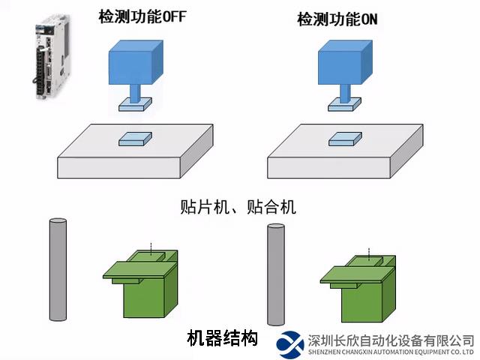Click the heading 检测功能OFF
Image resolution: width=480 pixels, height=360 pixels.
click(x=142, y=16)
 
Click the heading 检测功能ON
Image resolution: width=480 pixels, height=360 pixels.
click(x=337, y=19)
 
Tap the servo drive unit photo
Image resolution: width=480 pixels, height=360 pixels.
click(x=51, y=57)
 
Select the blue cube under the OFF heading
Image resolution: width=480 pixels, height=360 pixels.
click(x=136, y=62)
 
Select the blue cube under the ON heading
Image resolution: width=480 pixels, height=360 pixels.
click(x=345, y=62)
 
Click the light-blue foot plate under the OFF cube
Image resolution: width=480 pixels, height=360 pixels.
click(x=135, y=104)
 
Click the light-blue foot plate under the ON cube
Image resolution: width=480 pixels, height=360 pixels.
click(x=345, y=104)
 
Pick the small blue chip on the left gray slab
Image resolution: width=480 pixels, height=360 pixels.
click(x=135, y=139)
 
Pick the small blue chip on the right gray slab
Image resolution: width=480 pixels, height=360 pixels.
click(x=345, y=139)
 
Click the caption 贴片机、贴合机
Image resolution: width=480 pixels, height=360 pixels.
click(x=238, y=207)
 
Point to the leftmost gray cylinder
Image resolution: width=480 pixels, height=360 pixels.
click(x=58, y=270)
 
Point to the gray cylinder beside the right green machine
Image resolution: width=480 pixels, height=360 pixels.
click(x=276, y=274)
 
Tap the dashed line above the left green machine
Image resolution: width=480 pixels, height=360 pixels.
click(x=151, y=249)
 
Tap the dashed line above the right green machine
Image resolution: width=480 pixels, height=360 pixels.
click(x=369, y=254)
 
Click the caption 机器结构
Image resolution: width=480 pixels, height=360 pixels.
click(x=222, y=338)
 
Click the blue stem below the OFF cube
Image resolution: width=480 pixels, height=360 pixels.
click(x=135, y=94)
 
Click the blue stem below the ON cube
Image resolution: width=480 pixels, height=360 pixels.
click(x=345, y=94)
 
